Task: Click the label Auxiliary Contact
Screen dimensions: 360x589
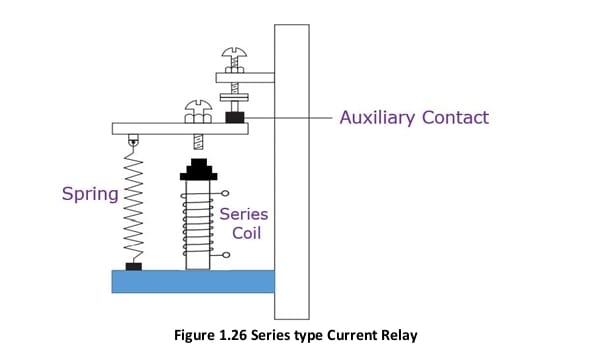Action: click(x=414, y=118)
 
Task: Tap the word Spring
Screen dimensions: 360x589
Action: click(x=89, y=192)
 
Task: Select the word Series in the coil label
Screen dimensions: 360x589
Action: click(x=243, y=213)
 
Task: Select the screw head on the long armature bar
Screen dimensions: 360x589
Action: click(x=197, y=107)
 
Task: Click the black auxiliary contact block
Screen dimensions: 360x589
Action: click(x=236, y=118)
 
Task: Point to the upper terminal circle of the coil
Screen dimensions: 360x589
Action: click(x=225, y=193)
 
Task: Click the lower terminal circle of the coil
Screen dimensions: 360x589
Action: click(x=225, y=256)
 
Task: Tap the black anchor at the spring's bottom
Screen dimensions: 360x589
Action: click(x=133, y=266)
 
